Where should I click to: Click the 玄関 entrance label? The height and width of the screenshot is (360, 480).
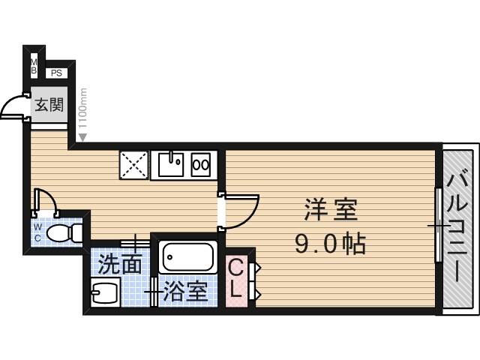coord(49,106)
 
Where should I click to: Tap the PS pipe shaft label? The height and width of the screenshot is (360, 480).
coord(57,73)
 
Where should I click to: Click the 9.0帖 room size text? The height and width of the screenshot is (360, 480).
coord(330,243)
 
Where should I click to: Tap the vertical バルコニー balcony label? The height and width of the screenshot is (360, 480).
coord(458,226)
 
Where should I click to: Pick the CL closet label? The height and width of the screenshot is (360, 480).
coord(235,278)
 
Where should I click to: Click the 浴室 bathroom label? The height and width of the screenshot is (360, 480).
coord(185,291)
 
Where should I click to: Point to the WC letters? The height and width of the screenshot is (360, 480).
coord(37,232)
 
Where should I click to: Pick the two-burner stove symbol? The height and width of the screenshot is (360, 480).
coord(202,164)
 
